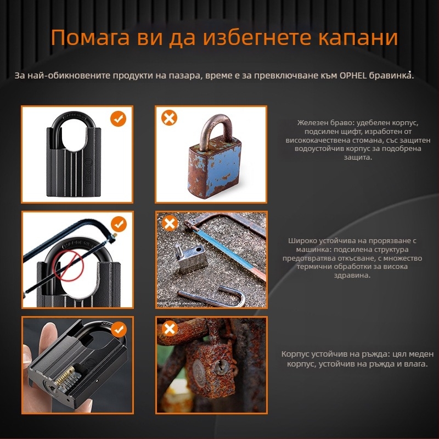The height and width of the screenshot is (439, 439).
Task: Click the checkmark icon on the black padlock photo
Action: (x=118, y=119)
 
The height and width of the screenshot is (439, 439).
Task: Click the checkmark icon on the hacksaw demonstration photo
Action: (x=119, y=224)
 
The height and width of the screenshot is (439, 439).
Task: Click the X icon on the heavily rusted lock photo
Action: (x=170, y=329)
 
